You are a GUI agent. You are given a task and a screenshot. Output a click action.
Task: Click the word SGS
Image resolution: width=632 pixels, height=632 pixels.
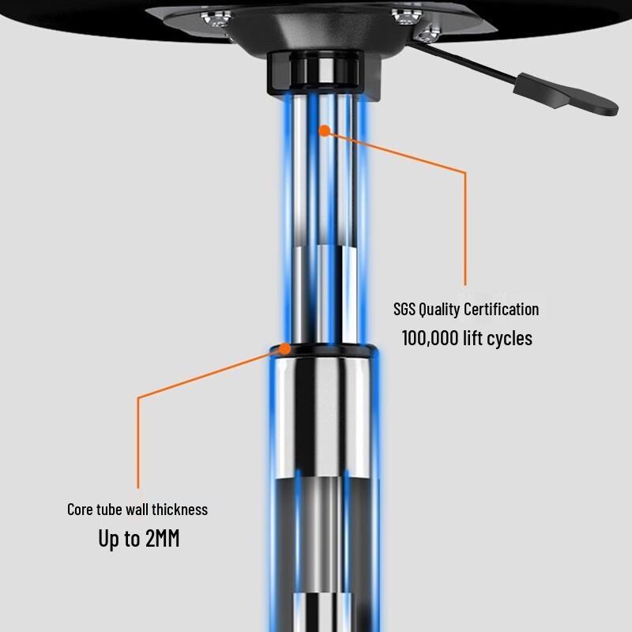(x=404, y=310)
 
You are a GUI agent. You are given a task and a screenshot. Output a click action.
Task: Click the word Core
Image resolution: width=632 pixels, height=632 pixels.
(x=80, y=510)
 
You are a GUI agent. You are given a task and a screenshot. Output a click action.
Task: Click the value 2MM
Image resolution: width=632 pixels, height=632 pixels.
(x=163, y=538)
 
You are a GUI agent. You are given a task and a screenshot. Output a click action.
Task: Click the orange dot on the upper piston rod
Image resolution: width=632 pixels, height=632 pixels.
(x=325, y=130)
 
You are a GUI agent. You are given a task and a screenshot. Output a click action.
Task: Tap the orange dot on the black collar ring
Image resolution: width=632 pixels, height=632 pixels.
(x=285, y=348)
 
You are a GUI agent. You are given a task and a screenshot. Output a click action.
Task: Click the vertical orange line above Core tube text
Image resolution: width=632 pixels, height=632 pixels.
(x=138, y=443)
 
